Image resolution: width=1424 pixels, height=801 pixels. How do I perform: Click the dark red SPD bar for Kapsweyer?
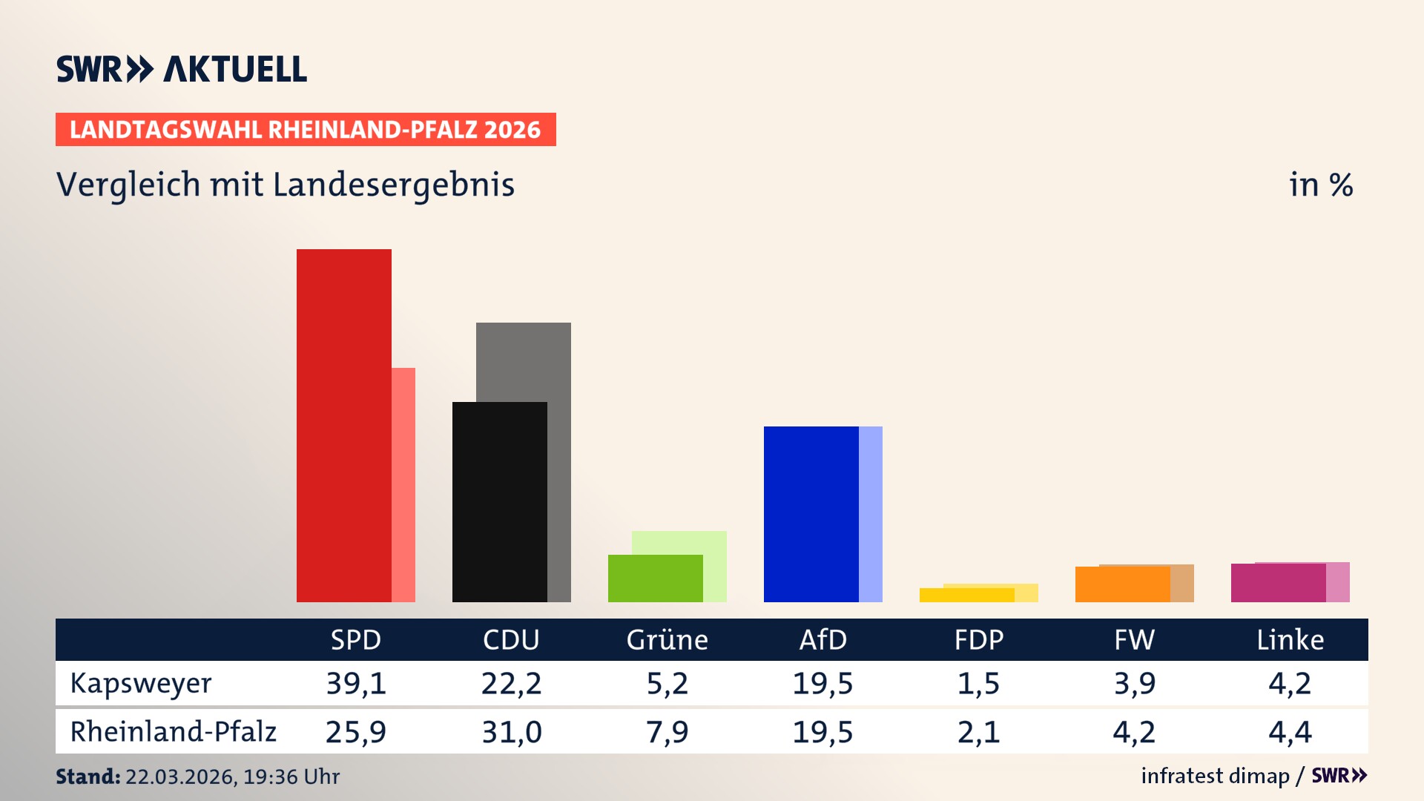pos(343,426)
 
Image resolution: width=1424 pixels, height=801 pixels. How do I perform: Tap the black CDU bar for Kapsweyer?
pos(499,502)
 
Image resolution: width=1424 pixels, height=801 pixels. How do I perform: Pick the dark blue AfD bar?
pos(811,514)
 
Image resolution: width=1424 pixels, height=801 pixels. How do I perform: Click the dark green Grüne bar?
pos(655,578)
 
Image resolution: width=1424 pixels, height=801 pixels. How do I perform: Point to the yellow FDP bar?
pos(966,595)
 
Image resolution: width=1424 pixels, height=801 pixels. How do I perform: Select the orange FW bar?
pos(1122,584)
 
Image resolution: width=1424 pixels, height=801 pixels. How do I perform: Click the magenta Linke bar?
pos(1278,583)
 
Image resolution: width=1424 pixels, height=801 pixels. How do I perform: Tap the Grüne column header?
pos(667,639)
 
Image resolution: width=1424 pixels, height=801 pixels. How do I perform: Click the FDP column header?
pos(978,639)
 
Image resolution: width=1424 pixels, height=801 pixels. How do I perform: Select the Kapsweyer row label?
pos(141,683)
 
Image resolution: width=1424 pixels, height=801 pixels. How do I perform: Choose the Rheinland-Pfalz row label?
pos(173,731)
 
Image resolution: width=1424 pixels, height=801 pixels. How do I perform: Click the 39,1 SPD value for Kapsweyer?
pos(356,683)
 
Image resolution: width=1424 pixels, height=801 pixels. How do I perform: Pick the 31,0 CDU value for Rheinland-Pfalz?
pos(512,732)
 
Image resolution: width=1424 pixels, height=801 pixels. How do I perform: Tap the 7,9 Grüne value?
pos(667,732)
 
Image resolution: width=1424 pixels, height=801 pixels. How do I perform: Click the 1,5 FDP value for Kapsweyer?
pos(978,683)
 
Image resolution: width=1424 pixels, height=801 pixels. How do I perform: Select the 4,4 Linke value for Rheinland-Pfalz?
pos(1290,732)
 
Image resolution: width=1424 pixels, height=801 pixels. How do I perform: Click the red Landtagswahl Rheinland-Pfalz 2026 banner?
pos(306,130)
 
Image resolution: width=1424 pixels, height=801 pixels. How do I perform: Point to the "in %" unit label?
pos(1321,185)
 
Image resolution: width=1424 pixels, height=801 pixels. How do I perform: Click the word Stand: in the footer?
pos(88,777)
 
